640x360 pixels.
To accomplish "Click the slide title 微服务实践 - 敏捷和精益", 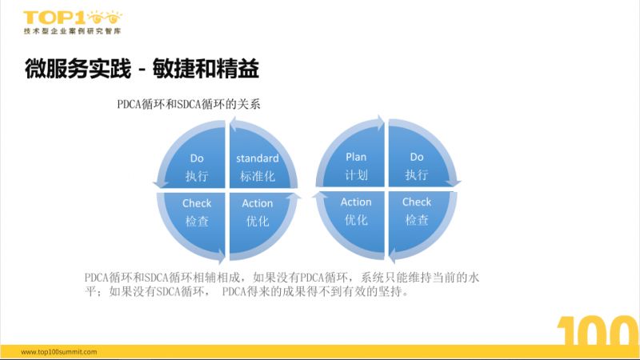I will click(142, 70).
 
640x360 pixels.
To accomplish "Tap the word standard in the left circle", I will click(258, 158).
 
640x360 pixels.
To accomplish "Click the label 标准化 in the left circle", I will click(258, 175).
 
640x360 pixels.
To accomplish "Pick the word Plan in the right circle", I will click(356, 157).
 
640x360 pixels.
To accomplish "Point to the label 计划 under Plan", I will click(356, 174).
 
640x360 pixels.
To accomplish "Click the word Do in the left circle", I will click(197, 158).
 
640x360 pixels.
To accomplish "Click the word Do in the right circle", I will click(417, 157).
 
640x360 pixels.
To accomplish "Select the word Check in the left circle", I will click(197, 203).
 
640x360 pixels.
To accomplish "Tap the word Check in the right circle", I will click(417, 202).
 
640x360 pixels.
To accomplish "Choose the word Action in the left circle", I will click(258, 203).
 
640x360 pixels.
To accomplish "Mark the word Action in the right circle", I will click(356, 202).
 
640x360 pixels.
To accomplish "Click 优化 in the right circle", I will click(356, 219).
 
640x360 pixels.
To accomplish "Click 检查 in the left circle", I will click(197, 220).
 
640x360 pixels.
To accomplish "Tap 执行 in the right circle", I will click(417, 174).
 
